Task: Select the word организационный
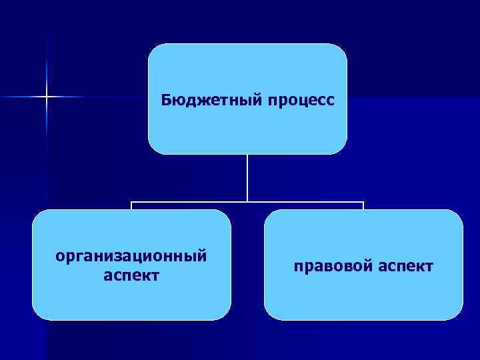(x=131, y=257)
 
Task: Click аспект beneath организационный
(x=131, y=275)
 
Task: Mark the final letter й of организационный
(x=202, y=255)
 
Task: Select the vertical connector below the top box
(x=247, y=177)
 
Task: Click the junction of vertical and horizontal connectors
(x=247, y=201)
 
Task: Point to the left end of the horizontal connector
(x=131, y=202)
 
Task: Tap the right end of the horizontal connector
(x=363, y=202)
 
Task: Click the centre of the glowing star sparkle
(x=47, y=97)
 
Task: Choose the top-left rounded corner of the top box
(x=153, y=49)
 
